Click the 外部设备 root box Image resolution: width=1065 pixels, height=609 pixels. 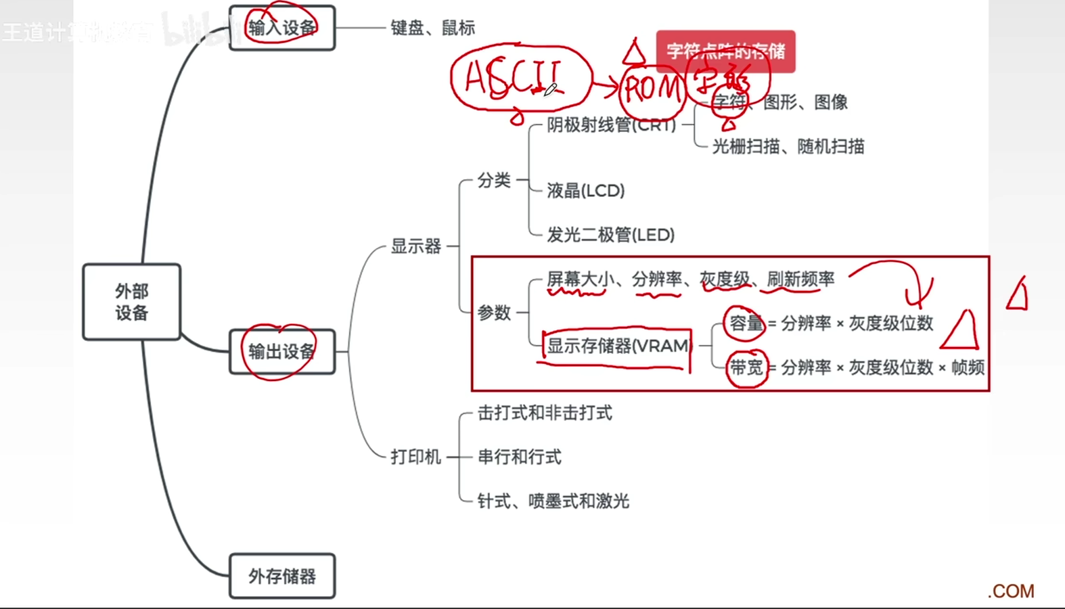coord(131,302)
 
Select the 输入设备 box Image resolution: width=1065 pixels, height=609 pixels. coord(282,28)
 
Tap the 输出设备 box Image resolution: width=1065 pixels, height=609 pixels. coord(282,351)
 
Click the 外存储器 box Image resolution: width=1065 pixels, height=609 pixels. coord(282,576)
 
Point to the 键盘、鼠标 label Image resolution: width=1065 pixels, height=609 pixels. coord(432,28)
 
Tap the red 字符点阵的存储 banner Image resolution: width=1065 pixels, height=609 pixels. coord(725,51)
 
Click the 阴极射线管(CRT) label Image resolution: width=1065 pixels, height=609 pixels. coord(611,125)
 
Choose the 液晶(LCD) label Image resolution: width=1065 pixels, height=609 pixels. coord(585,191)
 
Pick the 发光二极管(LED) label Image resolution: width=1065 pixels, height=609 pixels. coord(610,235)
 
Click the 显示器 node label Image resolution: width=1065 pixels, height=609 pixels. coord(415,246)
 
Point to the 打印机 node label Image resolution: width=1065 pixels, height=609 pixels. coord(415,457)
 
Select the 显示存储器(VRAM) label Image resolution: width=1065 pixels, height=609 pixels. coord(617,346)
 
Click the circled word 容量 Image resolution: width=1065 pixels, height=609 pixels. coord(746,323)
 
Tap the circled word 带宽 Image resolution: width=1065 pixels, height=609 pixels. coord(746,367)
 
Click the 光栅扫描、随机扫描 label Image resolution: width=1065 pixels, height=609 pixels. coord(788,146)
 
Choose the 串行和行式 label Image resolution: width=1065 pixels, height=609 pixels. coord(519,457)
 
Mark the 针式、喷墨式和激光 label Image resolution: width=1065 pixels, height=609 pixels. coord(553,501)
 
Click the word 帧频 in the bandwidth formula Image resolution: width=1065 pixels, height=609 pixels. coord(968,367)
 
